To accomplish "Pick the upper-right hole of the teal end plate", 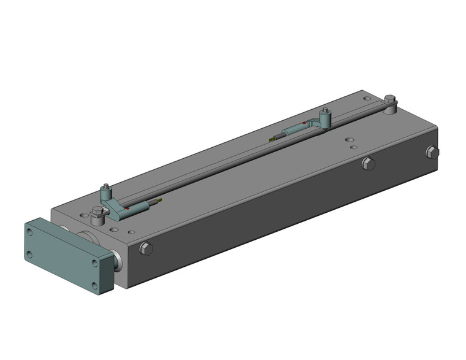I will [x=94, y=262].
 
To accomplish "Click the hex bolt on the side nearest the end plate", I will [x=146, y=248].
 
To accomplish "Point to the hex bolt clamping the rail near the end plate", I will [x=96, y=215].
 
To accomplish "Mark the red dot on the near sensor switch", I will [x=127, y=209].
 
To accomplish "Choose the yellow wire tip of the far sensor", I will [x=272, y=139].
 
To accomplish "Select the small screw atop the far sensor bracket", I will [x=326, y=111].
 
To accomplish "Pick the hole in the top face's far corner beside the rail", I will [x=367, y=98].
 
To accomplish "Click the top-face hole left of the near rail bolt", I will [x=82, y=216].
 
